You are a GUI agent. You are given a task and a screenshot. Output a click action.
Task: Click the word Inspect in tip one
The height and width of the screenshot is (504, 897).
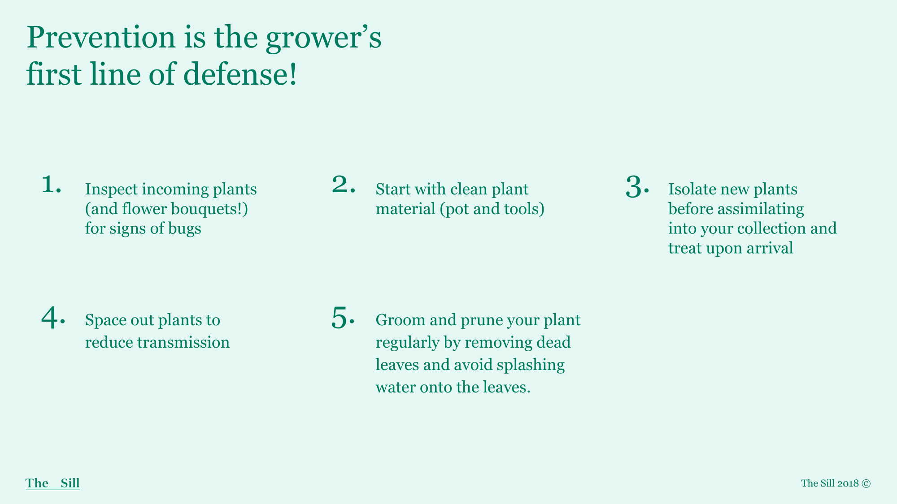[x=111, y=190]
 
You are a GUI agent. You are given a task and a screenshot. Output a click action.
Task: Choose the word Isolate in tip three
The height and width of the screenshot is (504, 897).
[x=692, y=189]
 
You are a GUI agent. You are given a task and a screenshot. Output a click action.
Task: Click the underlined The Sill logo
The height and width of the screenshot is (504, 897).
[x=53, y=483]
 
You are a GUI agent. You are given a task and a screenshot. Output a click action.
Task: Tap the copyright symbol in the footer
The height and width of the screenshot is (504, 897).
[x=866, y=483]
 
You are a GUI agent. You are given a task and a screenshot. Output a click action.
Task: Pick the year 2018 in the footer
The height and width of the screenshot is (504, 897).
[x=848, y=483]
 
